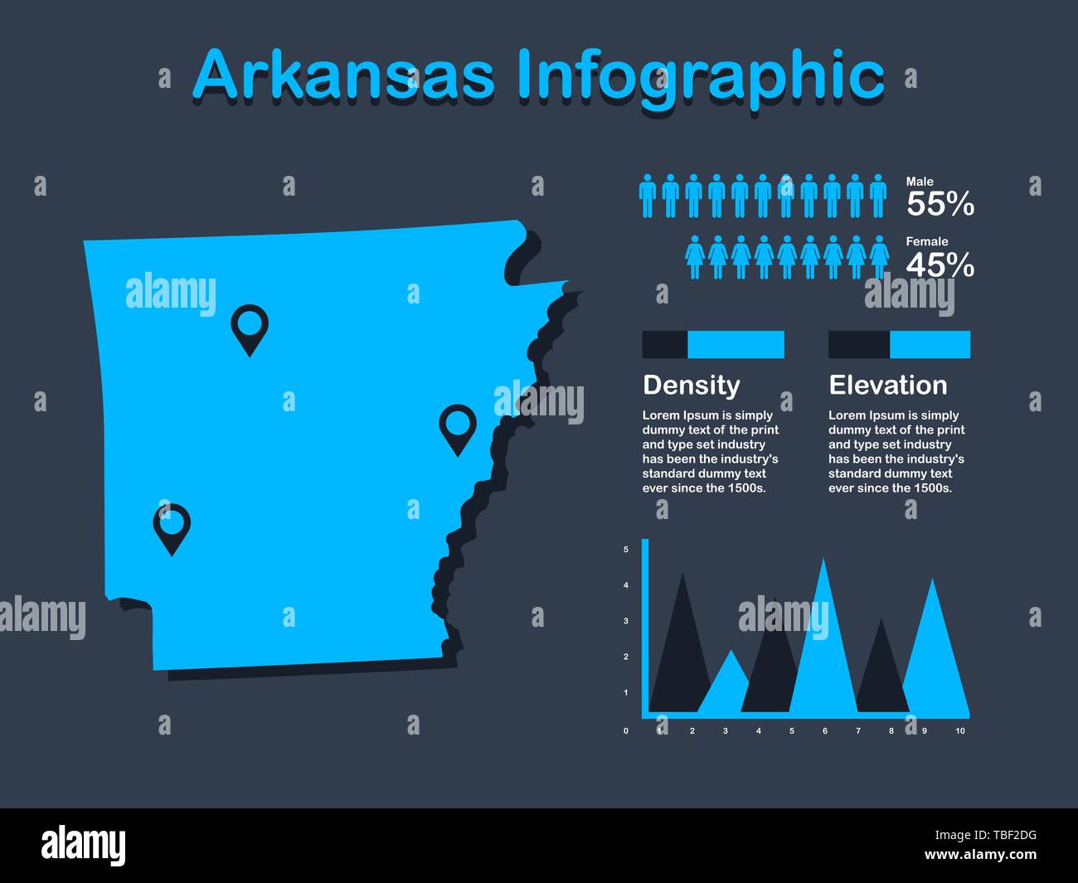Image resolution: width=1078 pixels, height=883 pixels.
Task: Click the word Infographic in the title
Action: [x=701, y=76]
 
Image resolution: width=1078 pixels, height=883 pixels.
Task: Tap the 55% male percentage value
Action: [x=940, y=204]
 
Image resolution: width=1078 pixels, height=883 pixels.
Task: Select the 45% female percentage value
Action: [x=940, y=265]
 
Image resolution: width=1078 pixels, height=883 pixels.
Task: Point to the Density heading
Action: [x=691, y=385]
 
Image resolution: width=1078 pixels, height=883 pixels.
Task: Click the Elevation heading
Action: [x=887, y=385]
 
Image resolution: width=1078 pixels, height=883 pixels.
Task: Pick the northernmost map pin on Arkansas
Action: [x=249, y=326]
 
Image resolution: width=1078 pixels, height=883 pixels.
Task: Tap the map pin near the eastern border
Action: [x=457, y=425]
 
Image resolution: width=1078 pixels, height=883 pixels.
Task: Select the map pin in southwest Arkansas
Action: [x=172, y=524]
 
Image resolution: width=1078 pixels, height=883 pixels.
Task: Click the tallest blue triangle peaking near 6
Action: [x=823, y=647]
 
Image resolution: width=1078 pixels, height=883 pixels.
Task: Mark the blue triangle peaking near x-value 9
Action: [x=935, y=655]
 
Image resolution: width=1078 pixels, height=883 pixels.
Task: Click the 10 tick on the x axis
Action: [x=960, y=730]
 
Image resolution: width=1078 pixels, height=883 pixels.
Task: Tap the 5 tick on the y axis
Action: [x=625, y=550]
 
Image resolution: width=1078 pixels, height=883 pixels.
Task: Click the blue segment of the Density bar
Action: [x=736, y=344]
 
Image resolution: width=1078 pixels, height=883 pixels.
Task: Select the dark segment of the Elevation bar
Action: [x=858, y=344]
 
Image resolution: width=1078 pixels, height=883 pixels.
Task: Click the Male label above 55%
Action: [x=920, y=182]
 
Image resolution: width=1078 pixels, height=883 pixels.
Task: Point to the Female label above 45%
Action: [x=926, y=242]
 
